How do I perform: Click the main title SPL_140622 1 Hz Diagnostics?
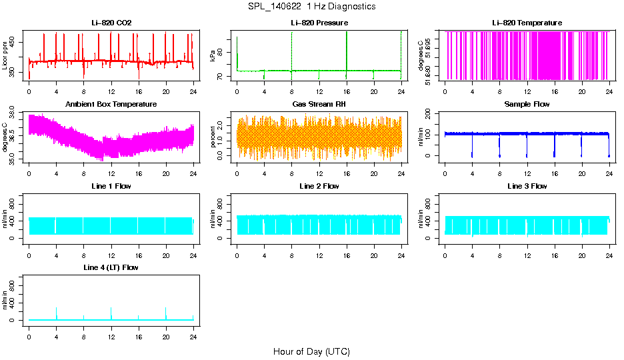pyautogui.click(x=311, y=7)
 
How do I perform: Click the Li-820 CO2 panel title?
pyautogui.click(x=111, y=23)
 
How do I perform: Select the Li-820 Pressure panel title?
pyautogui.click(x=319, y=23)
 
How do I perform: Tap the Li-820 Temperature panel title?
pyautogui.click(x=527, y=23)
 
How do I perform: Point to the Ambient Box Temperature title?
pyautogui.click(x=111, y=105)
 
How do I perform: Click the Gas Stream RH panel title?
pyautogui.click(x=319, y=105)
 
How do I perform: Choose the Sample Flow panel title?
pyautogui.click(x=527, y=105)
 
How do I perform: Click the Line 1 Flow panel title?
pyautogui.click(x=111, y=186)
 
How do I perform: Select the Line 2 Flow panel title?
pyautogui.click(x=319, y=186)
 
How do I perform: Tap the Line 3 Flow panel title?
pyautogui.click(x=527, y=186)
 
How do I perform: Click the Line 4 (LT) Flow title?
pyautogui.click(x=111, y=267)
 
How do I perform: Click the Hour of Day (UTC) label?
pyautogui.click(x=311, y=351)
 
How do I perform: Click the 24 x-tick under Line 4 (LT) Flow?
pyautogui.click(x=193, y=338)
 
